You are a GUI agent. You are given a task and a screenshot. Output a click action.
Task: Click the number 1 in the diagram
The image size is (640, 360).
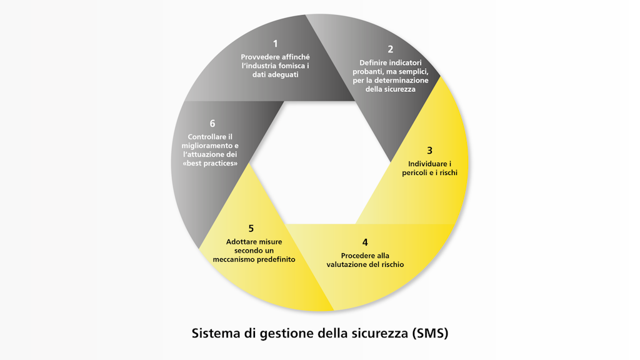pyautogui.click(x=275, y=44)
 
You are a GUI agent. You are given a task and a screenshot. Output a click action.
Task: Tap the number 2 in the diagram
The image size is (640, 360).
pyautogui.click(x=391, y=49)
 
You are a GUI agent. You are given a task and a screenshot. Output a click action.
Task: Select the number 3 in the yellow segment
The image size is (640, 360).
pyautogui.click(x=429, y=151)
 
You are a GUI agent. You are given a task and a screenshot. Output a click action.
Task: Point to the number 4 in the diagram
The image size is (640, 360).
pyautogui.click(x=365, y=242)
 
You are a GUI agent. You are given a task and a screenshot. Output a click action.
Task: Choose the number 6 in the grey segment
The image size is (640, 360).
pyautogui.click(x=212, y=124)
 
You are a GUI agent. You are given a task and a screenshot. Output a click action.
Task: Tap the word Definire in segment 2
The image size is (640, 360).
pyautogui.click(x=374, y=63)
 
